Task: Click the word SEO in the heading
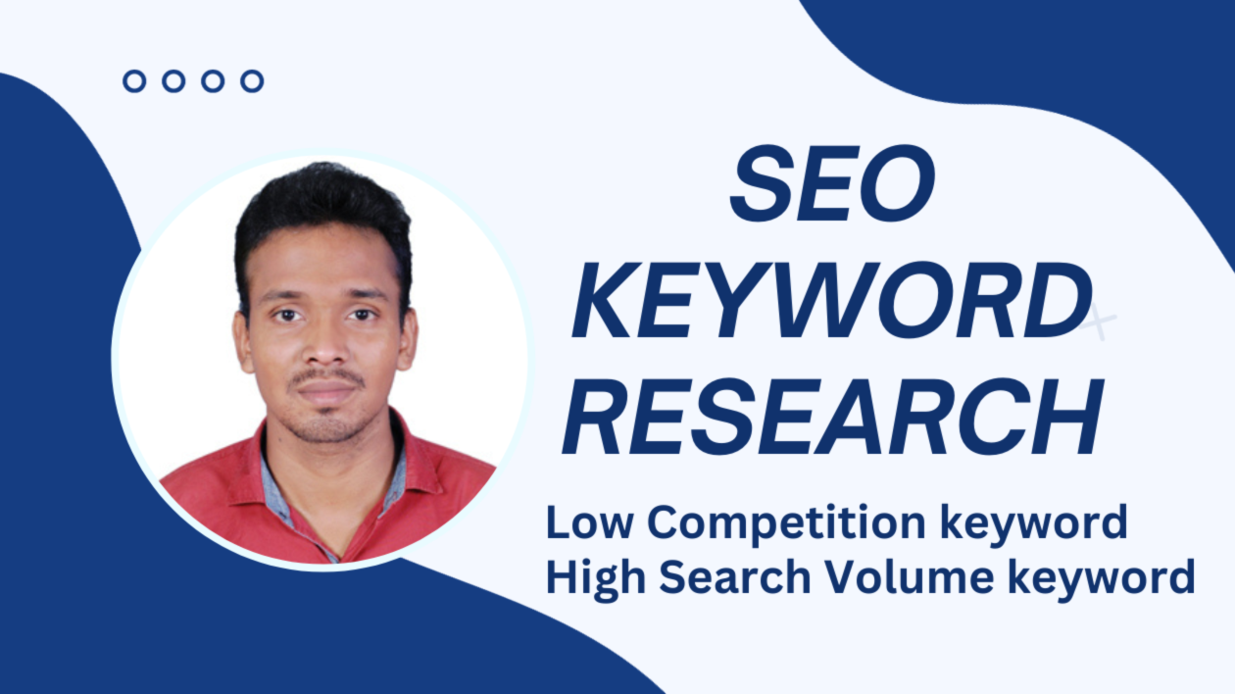click(x=832, y=183)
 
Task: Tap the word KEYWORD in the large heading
click(x=832, y=300)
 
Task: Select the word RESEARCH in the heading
click(x=833, y=417)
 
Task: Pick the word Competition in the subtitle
click(x=786, y=523)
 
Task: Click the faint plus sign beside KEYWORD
click(x=1098, y=323)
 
